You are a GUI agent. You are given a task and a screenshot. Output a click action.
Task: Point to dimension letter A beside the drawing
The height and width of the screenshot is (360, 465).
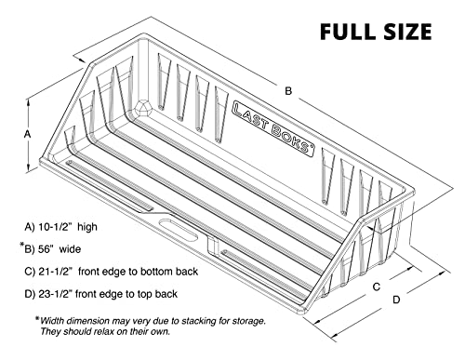(27, 134)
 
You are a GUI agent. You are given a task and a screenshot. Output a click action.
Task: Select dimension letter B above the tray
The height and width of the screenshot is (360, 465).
(288, 90)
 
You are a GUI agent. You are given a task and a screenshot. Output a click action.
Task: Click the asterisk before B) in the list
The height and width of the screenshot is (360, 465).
(21, 246)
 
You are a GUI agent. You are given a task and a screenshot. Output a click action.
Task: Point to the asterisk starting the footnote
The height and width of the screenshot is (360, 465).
(38, 319)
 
